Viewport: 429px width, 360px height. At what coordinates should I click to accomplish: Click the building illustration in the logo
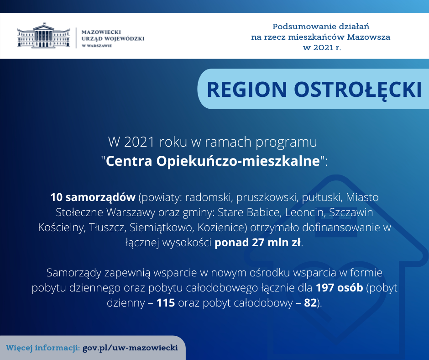(x=43, y=35)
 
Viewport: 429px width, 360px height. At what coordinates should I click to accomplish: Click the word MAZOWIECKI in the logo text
(x=101, y=32)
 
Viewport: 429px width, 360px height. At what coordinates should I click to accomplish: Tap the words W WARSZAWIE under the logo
(x=97, y=46)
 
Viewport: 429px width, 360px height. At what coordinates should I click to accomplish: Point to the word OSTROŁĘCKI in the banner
(x=358, y=90)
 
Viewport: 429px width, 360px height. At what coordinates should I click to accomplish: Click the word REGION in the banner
(x=247, y=90)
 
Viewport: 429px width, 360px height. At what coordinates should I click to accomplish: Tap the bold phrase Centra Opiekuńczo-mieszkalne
(x=213, y=161)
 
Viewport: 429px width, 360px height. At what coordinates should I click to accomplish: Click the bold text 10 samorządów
(x=93, y=197)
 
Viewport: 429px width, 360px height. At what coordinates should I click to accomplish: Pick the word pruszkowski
(x=267, y=197)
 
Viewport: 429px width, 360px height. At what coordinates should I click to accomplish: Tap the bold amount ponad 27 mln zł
(x=258, y=243)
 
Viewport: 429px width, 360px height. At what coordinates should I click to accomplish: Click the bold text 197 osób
(x=339, y=288)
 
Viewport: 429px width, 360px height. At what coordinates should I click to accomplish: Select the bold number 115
(x=166, y=303)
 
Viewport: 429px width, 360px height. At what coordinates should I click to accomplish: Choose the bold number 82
(x=310, y=303)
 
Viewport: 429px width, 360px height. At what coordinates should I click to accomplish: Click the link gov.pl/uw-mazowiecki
(x=130, y=348)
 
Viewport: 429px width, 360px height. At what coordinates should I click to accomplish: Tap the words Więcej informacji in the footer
(x=43, y=348)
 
